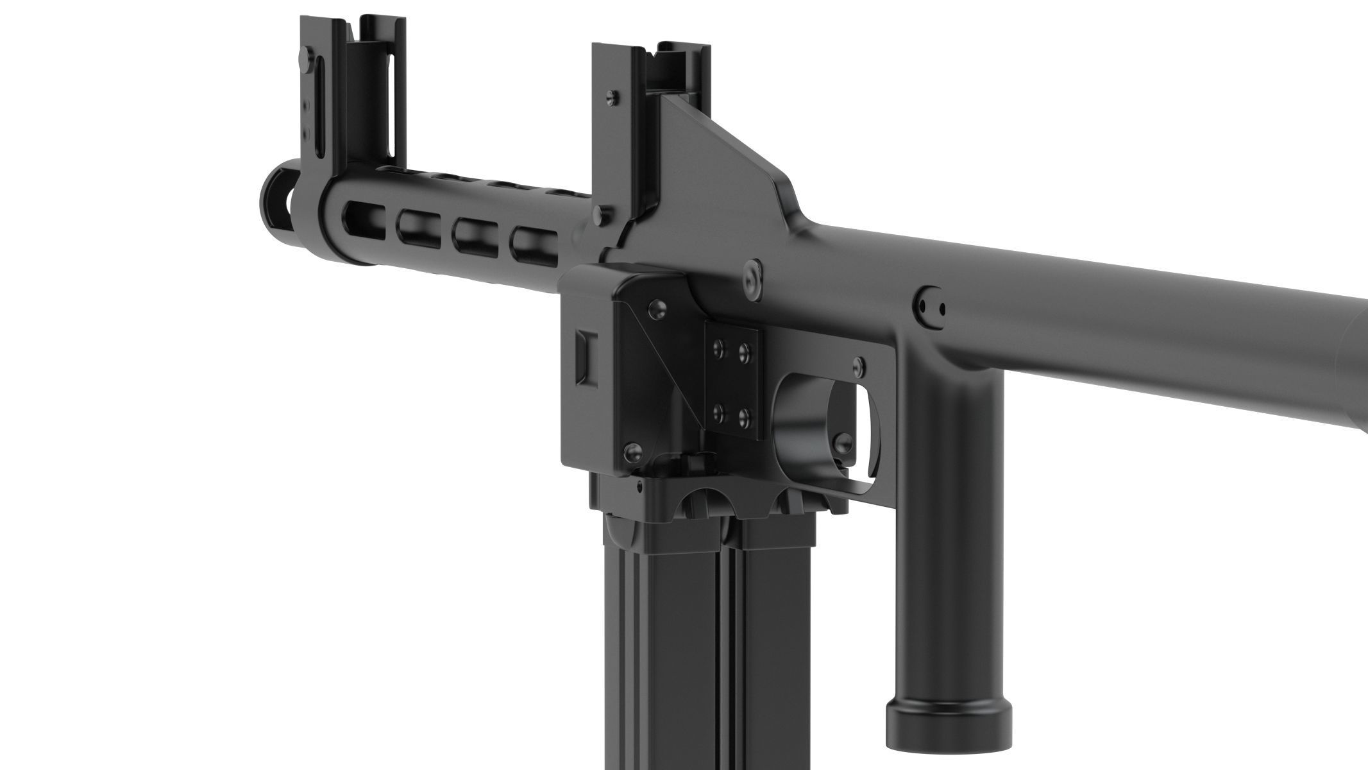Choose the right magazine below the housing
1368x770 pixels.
[x=775, y=642]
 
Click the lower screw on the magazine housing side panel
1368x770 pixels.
[x=632, y=454]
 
